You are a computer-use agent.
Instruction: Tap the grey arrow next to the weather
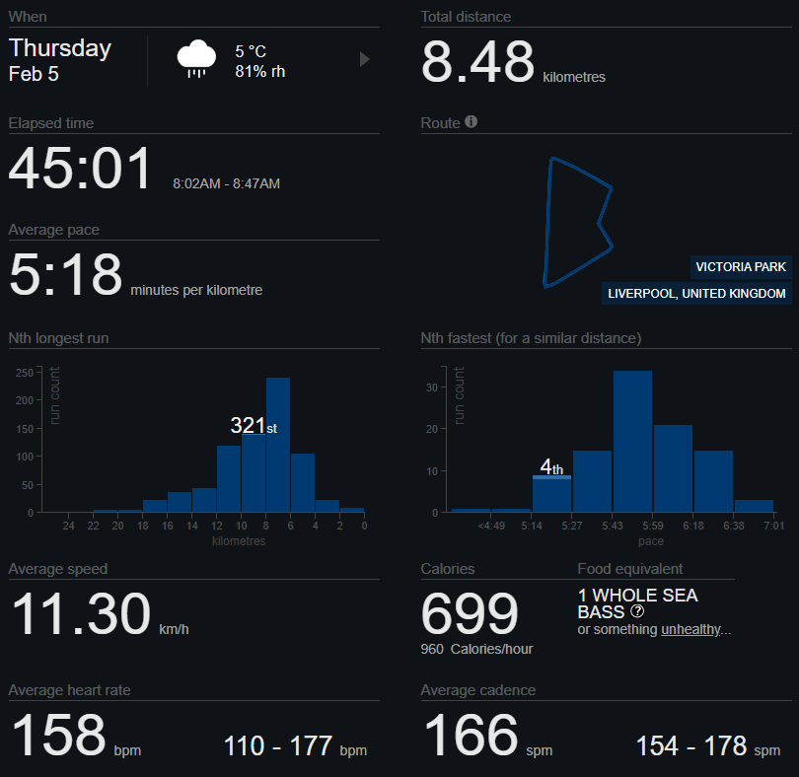[x=364, y=59]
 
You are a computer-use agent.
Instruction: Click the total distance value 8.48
[x=477, y=62]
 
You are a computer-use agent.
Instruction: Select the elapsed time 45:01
[x=81, y=169]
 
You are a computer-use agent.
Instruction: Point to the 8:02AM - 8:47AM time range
[x=226, y=183]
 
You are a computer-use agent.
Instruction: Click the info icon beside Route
[x=471, y=122]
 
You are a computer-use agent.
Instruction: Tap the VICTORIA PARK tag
[x=741, y=267]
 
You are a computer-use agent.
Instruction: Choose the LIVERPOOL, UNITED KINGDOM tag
[x=696, y=294]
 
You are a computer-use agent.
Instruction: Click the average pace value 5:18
[x=65, y=275]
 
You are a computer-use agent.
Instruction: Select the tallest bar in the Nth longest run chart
[x=278, y=445]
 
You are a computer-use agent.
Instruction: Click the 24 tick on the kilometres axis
[x=69, y=526]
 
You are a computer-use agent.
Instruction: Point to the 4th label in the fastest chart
[x=551, y=467]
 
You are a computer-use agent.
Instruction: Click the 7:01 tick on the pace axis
[x=774, y=526]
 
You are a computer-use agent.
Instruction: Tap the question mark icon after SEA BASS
[x=638, y=612]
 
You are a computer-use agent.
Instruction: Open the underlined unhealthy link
[x=690, y=630]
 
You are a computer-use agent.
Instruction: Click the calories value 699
[x=470, y=615]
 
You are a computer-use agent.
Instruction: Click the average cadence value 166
[x=471, y=736]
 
